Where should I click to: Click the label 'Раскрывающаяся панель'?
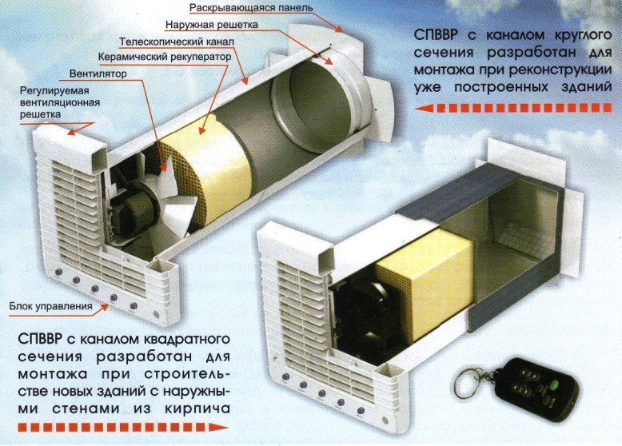tap(251, 7)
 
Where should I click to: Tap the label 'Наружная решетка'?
tap(212, 25)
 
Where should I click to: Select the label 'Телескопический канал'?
tap(177, 42)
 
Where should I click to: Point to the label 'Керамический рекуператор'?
tap(165, 57)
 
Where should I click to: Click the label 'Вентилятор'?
tap(98, 74)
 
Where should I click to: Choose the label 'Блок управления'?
tap(51, 306)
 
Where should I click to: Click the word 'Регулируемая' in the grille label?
tap(54, 90)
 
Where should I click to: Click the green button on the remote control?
tap(554, 384)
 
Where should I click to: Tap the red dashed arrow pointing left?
tap(513, 108)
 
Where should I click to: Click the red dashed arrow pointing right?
tap(124, 428)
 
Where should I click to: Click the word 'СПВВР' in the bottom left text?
tap(40, 340)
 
